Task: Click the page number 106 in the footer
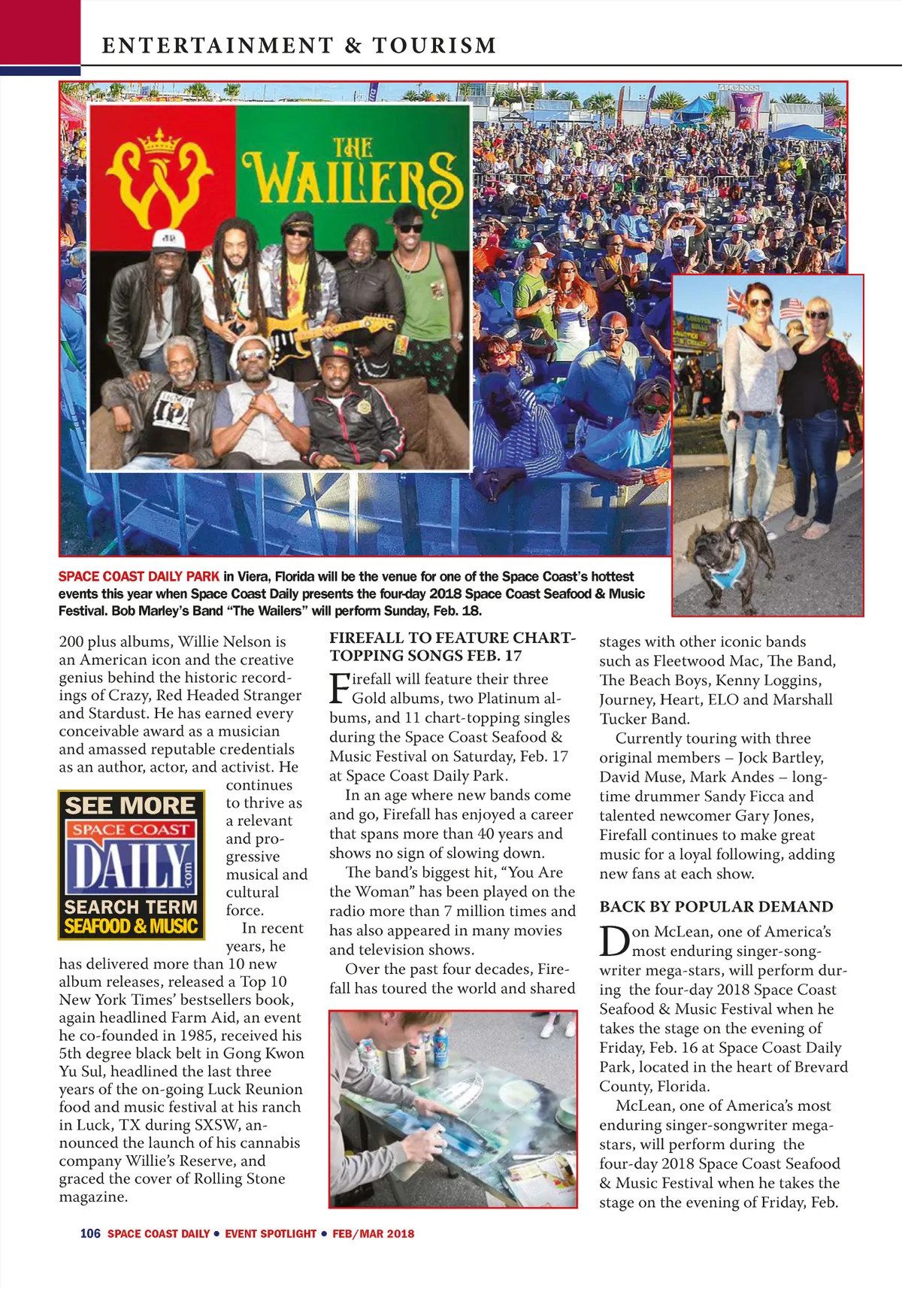click(90, 1233)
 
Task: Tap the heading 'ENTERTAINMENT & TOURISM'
click(299, 46)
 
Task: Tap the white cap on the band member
click(169, 239)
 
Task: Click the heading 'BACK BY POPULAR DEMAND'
click(716, 906)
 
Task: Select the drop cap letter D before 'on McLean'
click(614, 941)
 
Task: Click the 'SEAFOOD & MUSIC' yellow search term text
click(131, 927)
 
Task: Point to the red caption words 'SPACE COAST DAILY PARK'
click(139, 577)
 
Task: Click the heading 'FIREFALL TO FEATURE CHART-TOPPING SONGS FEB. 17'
click(452, 646)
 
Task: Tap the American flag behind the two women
click(791, 306)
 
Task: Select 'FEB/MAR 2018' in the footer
click(374, 1233)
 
